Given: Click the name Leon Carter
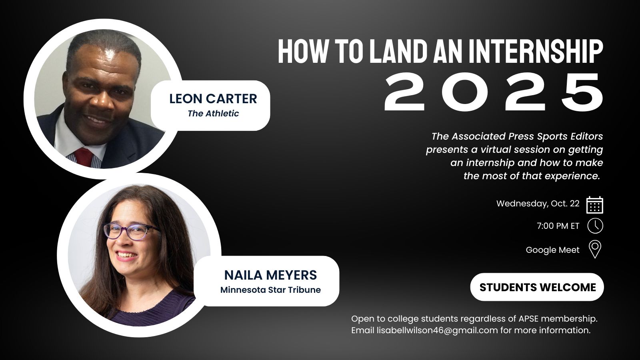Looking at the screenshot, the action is point(213,98).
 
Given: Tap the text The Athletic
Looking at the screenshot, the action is point(213,114).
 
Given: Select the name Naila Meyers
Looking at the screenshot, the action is point(270,275).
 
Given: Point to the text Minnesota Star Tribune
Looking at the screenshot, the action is point(270,290).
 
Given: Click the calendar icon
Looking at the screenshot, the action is point(595,205).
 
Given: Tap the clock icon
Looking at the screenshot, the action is point(595,226).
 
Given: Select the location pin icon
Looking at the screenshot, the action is point(595,249).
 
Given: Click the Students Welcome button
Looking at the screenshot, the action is point(537,287).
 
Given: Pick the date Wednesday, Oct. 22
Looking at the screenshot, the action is point(538,204).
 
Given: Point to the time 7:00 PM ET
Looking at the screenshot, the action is point(558,226).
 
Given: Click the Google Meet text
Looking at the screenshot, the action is point(552,250).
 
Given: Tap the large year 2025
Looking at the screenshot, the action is point(494,92).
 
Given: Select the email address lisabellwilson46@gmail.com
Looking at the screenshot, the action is point(437,330).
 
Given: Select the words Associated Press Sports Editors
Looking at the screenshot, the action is point(527,136).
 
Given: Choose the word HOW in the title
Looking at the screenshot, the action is point(302,51).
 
